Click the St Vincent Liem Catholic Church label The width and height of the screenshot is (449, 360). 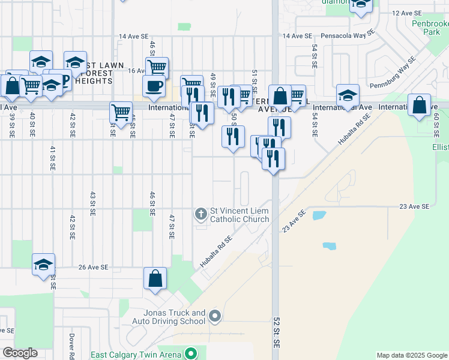239,215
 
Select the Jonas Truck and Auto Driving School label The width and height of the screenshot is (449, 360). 174,317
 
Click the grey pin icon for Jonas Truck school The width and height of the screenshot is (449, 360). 217,316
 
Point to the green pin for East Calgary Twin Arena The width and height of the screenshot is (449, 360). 191,354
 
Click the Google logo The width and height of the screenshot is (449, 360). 20,353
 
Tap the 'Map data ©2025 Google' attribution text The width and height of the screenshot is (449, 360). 411,355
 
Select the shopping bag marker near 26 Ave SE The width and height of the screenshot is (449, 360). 155,278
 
